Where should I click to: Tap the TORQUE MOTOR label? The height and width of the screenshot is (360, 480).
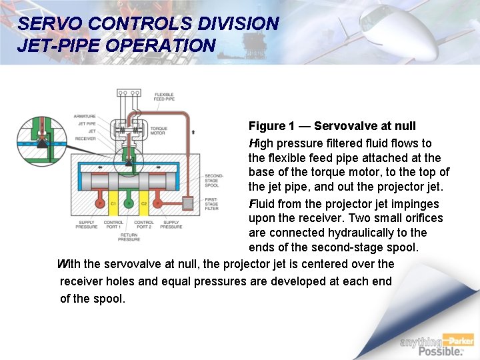coord(159,131)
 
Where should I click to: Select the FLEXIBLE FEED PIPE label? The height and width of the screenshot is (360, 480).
coord(164,97)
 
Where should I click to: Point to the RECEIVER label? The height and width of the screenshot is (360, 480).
coord(86,139)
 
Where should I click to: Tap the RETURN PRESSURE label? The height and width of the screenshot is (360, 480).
coord(129,237)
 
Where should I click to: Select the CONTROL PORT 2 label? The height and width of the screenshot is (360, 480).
coord(144,225)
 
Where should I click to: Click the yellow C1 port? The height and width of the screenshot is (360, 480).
coord(113,203)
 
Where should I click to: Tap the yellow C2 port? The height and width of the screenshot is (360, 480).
coord(144,203)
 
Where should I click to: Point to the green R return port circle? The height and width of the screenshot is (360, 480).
coord(129,203)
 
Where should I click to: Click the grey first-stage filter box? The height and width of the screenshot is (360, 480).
coord(187,203)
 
